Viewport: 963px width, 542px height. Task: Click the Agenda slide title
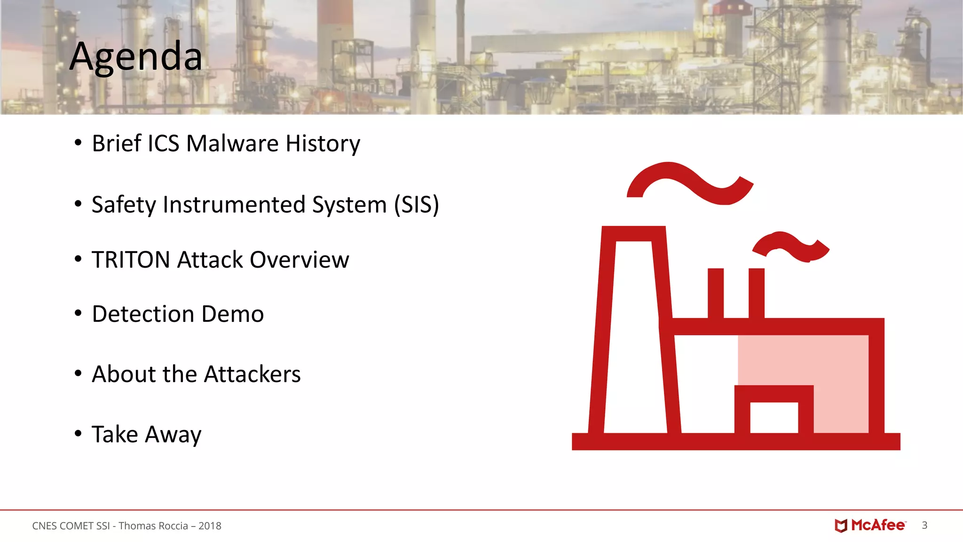[136, 56]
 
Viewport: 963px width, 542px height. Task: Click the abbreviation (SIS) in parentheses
[417, 205]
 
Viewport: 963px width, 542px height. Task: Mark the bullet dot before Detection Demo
[78, 313]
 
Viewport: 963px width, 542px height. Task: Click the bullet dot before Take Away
[78, 433]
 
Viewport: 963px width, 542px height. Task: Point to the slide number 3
[924, 525]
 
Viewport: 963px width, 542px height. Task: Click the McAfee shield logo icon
[841, 526]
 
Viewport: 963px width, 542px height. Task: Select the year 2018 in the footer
[210, 526]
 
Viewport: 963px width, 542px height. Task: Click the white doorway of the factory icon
[774, 417]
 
